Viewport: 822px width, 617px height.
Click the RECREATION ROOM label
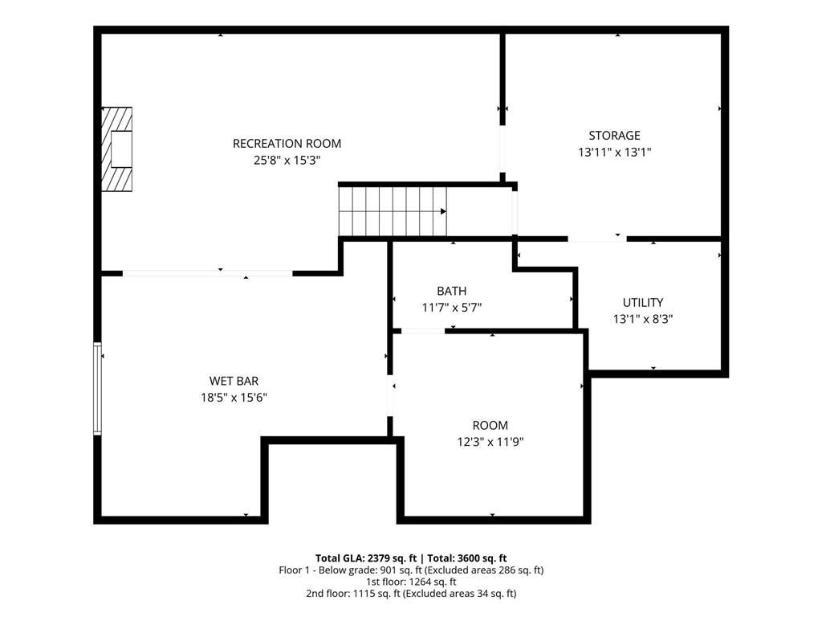(x=287, y=144)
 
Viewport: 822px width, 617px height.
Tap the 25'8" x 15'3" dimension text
(x=287, y=160)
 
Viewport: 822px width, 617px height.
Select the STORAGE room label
(x=614, y=136)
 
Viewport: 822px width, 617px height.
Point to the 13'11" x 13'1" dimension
(x=614, y=152)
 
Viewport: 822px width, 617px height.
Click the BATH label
(x=451, y=291)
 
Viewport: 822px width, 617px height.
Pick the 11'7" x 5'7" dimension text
(x=451, y=307)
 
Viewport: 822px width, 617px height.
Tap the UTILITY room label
(x=643, y=303)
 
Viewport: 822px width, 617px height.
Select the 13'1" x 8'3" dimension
(x=643, y=319)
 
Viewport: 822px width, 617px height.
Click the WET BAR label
(x=234, y=381)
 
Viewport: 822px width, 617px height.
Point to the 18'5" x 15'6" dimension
(x=234, y=397)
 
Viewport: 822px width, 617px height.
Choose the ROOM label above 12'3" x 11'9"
(x=490, y=425)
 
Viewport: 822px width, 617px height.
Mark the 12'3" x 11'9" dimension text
(x=490, y=441)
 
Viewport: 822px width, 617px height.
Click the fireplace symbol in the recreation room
(x=116, y=149)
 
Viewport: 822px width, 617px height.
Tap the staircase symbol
(x=392, y=211)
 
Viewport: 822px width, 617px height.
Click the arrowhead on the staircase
(x=443, y=211)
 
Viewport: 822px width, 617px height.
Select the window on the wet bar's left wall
(x=98, y=389)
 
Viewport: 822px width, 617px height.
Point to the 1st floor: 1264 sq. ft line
(x=411, y=582)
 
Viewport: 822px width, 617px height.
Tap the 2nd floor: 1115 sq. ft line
(x=411, y=594)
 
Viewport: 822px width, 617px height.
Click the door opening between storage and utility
(x=597, y=239)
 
